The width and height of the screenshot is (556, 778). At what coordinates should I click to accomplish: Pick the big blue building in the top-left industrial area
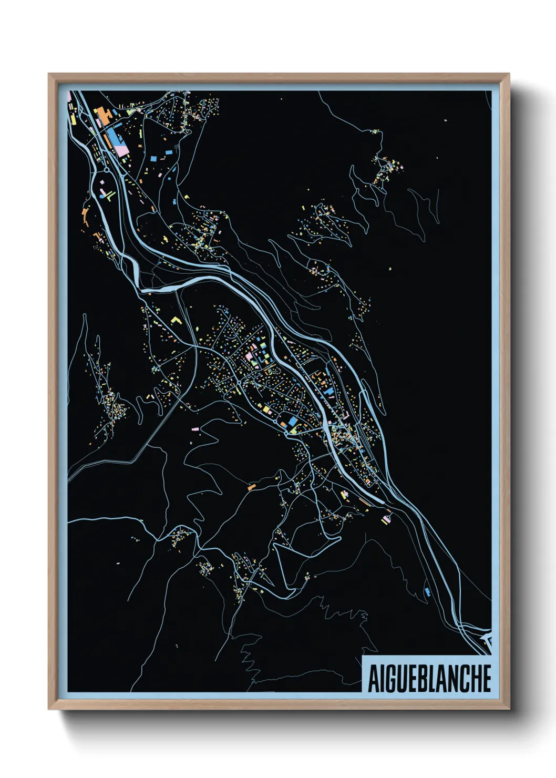(x=114, y=138)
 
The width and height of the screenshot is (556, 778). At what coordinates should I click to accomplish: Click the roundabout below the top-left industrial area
(x=107, y=170)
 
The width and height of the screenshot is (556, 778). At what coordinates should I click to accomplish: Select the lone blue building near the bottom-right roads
(x=427, y=592)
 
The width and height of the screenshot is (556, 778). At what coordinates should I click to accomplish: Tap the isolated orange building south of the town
(x=251, y=488)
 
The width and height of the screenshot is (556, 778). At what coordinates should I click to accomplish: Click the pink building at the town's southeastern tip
(x=388, y=519)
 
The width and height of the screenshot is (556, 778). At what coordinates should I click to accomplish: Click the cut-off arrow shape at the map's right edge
(x=487, y=642)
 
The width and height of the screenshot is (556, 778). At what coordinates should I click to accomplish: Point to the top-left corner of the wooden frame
(x=49, y=74)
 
